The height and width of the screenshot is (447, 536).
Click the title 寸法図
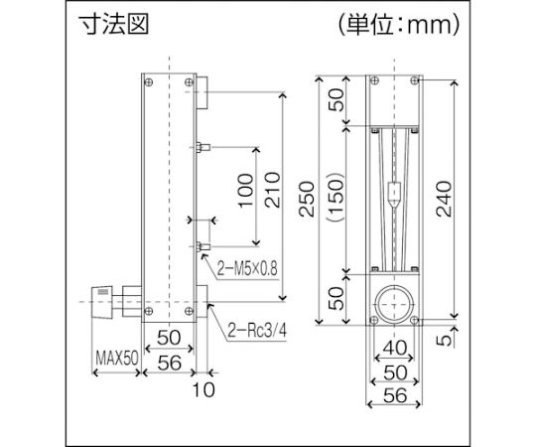coord(114,24)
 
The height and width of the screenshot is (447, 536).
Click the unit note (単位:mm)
coord(399,25)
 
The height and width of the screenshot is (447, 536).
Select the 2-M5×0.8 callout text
coord(247,268)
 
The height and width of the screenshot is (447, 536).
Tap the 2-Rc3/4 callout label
coord(257,331)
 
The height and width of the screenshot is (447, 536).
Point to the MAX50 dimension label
coord(117,358)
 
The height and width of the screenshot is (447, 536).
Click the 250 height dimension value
coord(307,199)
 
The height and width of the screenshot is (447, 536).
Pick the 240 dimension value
coord(444,199)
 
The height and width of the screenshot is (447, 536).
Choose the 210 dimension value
coord(272,190)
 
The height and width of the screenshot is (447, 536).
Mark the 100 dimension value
coord(246,190)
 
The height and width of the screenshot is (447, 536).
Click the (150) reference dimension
coord(335,198)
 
